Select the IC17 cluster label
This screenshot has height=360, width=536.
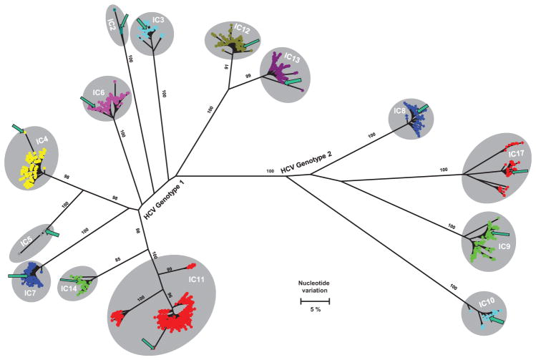(x=517, y=153)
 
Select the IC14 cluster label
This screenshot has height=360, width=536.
(x=69, y=288)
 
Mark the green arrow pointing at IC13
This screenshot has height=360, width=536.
(x=293, y=80)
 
